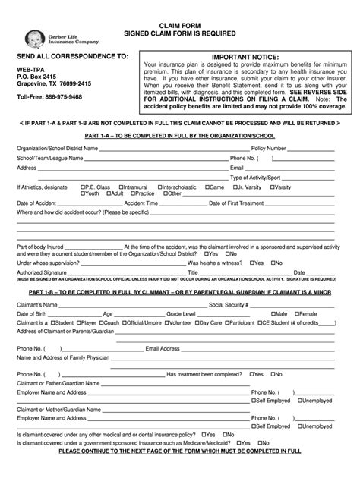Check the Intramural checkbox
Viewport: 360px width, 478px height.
[x=124, y=187]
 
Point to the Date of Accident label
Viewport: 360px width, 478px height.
[x=36, y=203]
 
